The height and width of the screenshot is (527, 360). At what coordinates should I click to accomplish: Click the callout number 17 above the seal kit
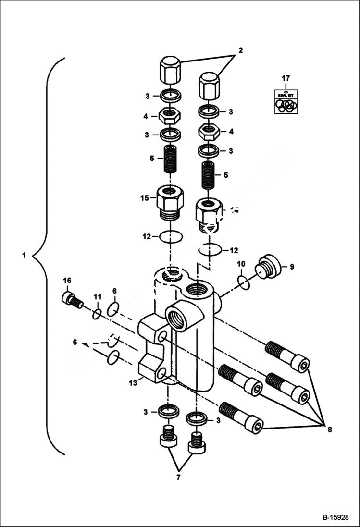coord(286,77)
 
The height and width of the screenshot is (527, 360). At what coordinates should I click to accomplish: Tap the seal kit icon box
coord(286,101)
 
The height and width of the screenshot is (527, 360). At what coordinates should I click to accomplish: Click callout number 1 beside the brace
coord(24,255)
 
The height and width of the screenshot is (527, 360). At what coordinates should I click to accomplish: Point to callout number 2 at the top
coord(240,50)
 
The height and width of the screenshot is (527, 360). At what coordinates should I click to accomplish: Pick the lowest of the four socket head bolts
coord(241,417)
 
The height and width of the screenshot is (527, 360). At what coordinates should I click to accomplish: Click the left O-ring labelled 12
coord(170,236)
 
